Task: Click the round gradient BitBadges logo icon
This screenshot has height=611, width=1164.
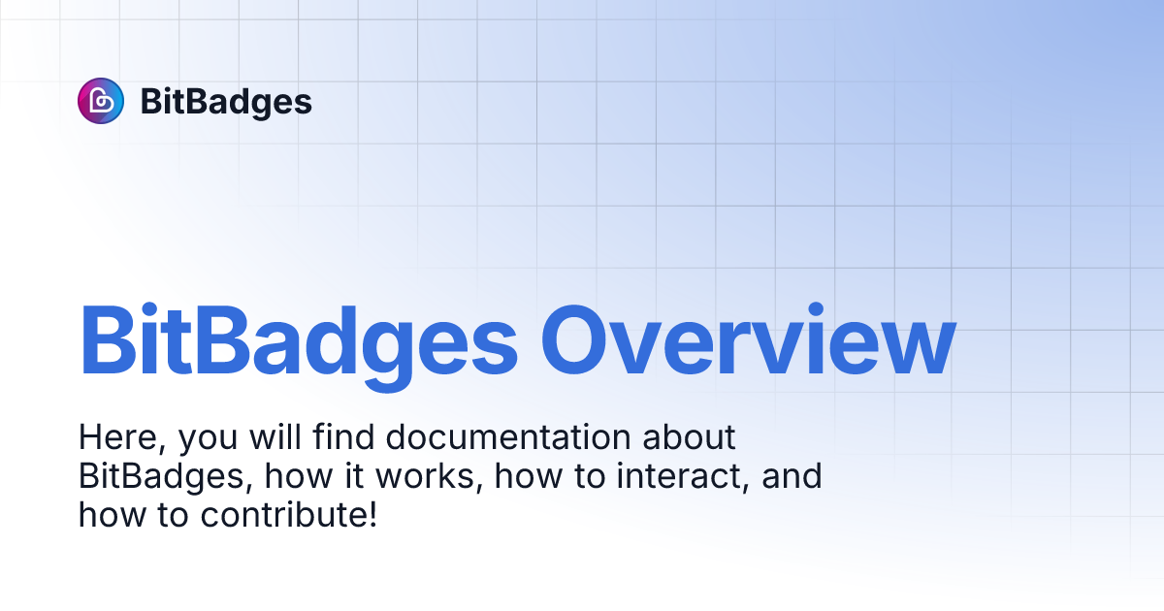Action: [x=101, y=101]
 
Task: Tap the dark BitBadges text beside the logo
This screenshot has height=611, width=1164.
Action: [x=226, y=102]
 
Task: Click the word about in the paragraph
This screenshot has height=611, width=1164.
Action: [x=690, y=438]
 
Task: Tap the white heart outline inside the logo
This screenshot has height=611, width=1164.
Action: [x=101, y=101]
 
